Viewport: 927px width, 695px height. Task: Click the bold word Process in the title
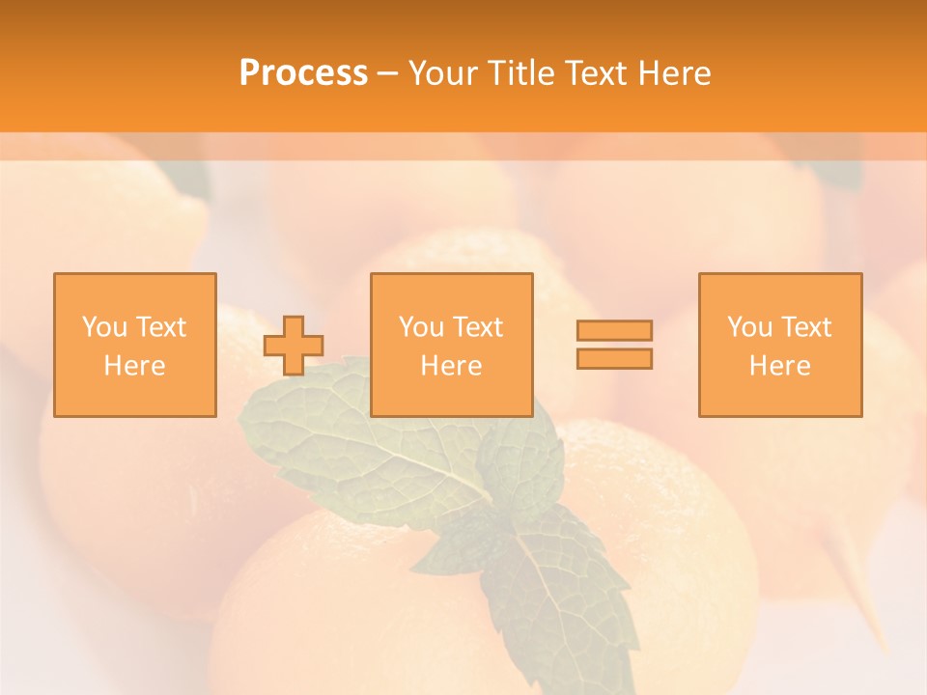coord(303,72)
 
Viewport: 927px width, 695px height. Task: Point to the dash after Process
coord(388,73)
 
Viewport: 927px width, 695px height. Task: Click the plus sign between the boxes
coord(295,346)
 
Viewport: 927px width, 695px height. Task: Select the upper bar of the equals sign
coord(614,330)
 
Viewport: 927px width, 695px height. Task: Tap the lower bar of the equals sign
coord(614,359)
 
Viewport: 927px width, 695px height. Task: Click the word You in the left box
coord(104,327)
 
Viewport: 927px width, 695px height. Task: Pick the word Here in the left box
coord(134,366)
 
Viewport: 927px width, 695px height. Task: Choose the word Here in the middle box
coord(451,366)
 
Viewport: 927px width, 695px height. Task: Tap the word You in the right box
coord(749,327)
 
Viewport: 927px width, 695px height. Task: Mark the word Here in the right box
coord(779,366)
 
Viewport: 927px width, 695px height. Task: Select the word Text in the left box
coord(160,327)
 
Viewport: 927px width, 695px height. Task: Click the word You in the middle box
coord(421,327)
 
